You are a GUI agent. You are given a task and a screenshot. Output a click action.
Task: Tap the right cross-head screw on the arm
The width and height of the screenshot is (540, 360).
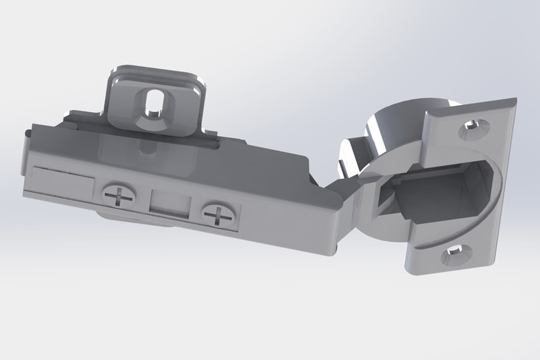tap(219, 215)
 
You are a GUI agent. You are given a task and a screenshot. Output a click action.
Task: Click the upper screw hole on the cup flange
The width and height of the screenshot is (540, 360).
tap(470, 129)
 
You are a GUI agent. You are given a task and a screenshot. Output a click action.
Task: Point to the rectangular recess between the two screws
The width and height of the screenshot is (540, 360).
tap(170, 203)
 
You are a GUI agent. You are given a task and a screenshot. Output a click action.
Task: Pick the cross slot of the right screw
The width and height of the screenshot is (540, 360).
tap(219, 215)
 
